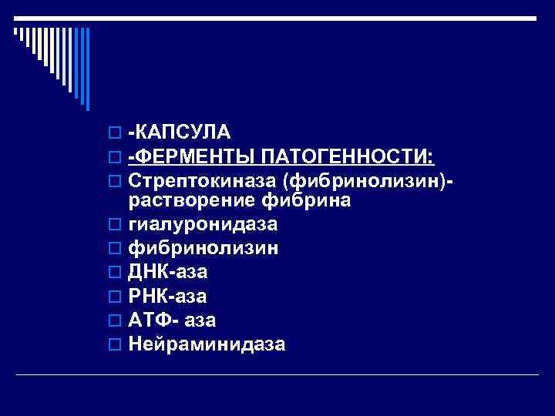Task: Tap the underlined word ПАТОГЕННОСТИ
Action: (x=348, y=158)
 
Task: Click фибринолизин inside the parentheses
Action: (x=358, y=182)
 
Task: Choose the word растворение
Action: (x=193, y=201)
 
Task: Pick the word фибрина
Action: (x=307, y=201)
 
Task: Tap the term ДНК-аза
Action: (x=167, y=272)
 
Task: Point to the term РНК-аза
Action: (x=167, y=296)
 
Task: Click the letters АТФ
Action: (x=150, y=320)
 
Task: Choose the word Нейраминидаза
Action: (x=207, y=344)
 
